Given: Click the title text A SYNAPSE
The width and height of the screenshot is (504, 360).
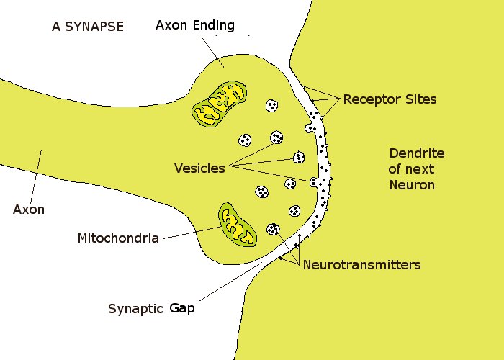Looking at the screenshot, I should pyautogui.click(x=88, y=27).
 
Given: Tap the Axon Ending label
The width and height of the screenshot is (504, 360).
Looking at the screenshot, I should pyautogui.click(x=195, y=25).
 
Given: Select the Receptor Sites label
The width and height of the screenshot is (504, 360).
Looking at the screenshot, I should pyautogui.click(x=390, y=99).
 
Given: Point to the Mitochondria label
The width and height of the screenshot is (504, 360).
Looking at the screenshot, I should pyautogui.click(x=118, y=238).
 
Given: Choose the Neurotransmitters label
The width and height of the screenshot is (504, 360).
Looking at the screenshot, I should pyautogui.click(x=361, y=265).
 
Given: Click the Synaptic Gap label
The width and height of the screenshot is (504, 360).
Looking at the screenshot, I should pyautogui.click(x=151, y=309).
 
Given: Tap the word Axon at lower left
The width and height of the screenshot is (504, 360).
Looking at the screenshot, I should pyautogui.click(x=29, y=210).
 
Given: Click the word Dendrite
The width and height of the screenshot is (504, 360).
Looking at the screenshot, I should pyautogui.click(x=416, y=153).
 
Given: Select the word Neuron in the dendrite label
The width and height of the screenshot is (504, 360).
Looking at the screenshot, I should pyautogui.click(x=412, y=184).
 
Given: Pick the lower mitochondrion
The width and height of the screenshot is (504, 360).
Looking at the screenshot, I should pyautogui.click(x=238, y=222).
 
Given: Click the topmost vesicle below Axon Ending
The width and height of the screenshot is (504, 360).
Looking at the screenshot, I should pyautogui.click(x=272, y=106).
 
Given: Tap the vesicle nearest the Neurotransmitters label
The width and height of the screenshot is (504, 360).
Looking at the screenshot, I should pyautogui.click(x=273, y=230).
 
